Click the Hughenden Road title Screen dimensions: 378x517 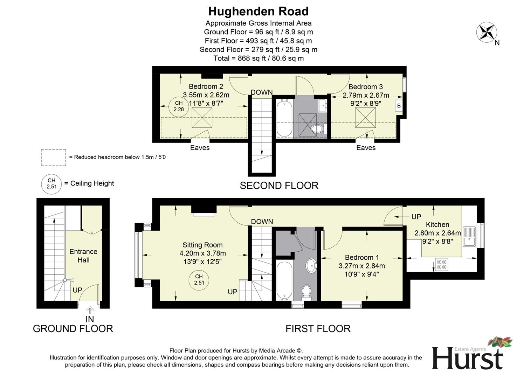point(258,12)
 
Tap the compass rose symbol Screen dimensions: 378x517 point(487,32)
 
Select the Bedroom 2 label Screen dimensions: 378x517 point(206,86)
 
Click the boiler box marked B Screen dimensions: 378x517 point(399,106)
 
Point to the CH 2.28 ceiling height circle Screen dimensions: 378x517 point(179,106)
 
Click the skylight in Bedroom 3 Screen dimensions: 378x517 point(365,118)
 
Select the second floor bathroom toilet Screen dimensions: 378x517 point(318,129)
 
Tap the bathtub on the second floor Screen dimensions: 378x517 point(284,118)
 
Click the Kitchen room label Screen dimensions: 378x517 point(437,225)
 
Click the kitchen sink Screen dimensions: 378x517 point(469,237)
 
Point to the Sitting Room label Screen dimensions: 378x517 point(202,245)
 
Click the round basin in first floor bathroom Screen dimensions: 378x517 point(311,265)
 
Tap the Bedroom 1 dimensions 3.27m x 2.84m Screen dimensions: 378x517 point(361,266)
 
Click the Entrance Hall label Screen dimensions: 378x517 point(83,256)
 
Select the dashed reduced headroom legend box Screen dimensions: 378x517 point(53,157)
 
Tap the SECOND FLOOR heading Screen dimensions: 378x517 point(279,185)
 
